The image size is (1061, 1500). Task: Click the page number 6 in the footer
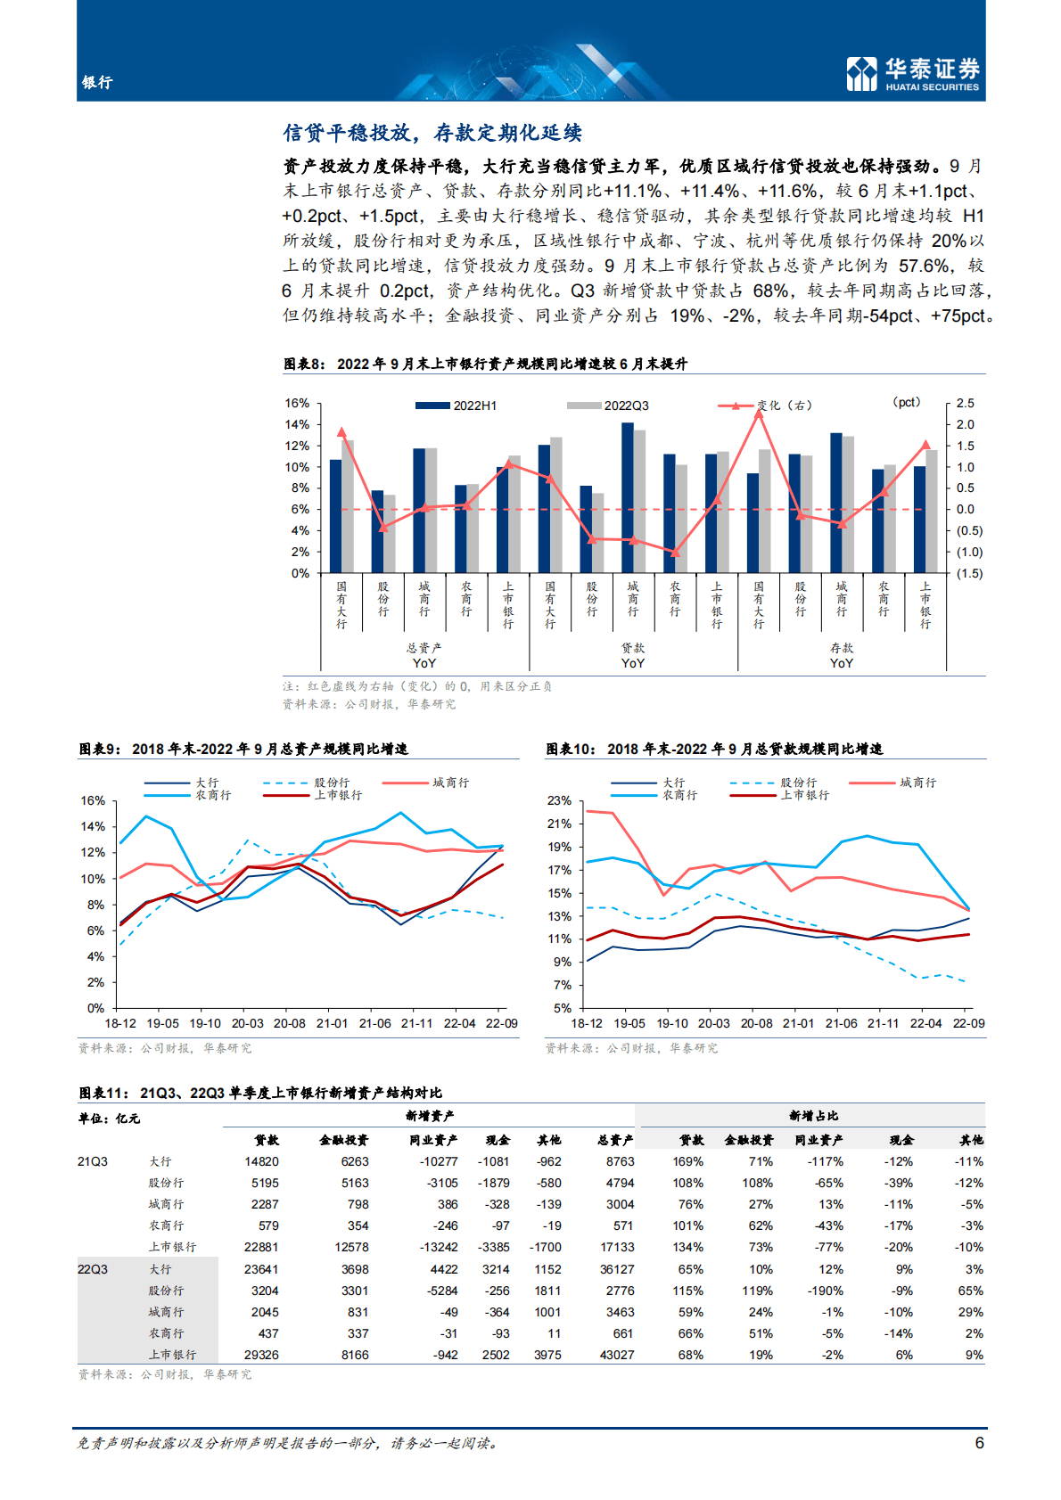[979, 1443]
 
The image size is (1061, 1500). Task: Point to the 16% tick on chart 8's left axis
[297, 404]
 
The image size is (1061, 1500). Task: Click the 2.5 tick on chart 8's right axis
[965, 404]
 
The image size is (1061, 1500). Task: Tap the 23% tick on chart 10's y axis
[560, 800]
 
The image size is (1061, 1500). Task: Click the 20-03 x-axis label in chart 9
[247, 1024]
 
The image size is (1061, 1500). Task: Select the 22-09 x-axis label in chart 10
[968, 1024]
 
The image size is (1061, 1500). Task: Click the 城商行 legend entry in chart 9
[450, 783]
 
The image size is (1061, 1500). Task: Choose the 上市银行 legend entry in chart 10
[805, 795]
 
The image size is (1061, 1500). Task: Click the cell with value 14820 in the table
[261, 1162]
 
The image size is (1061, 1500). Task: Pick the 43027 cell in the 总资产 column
[617, 1356]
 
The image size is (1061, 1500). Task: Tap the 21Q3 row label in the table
[93, 1162]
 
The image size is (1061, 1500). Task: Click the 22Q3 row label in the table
[93, 1270]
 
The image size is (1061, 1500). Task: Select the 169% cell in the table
[687, 1162]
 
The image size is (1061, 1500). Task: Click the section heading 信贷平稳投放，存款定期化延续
[432, 134]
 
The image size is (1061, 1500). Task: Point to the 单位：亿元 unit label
[109, 1119]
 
